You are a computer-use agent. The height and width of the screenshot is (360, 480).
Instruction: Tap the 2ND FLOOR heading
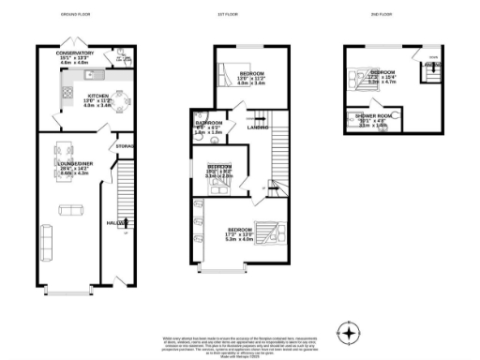click(379, 16)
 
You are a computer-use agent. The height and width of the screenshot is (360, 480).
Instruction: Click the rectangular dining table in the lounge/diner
click(66, 150)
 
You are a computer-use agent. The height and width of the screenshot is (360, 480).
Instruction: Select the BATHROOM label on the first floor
click(208, 124)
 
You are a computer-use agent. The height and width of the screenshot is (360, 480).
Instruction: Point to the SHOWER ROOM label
click(367, 117)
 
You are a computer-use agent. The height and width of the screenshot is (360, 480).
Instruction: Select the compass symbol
click(349, 333)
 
